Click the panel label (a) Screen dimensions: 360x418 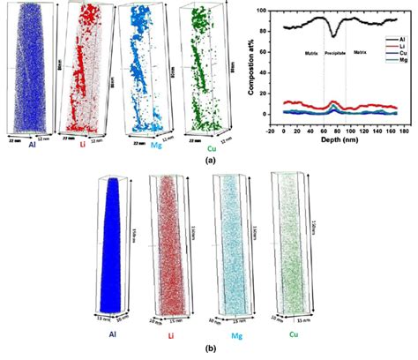pyautogui.click(x=210, y=161)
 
